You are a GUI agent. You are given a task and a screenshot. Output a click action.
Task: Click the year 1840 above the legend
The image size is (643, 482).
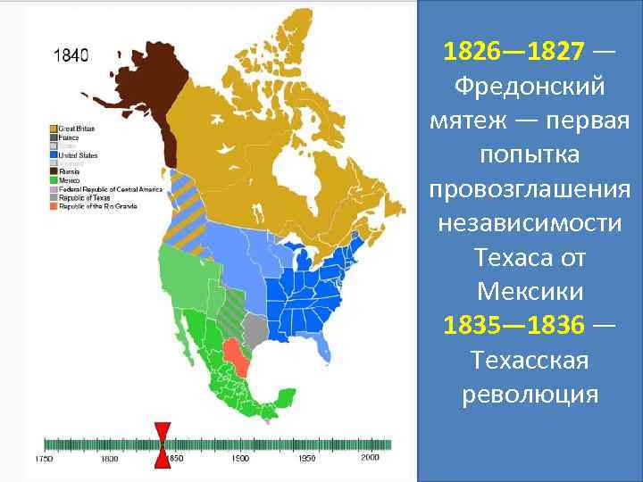click(x=71, y=54)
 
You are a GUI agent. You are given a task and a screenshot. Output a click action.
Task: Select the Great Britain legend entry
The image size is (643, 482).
click(x=76, y=129)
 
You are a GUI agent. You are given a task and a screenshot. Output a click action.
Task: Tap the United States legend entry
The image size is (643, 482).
click(x=77, y=155)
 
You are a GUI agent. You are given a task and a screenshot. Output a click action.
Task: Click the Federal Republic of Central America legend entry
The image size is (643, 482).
click(x=97, y=188)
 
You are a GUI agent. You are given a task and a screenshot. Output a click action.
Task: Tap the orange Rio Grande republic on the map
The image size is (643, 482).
click(x=238, y=355)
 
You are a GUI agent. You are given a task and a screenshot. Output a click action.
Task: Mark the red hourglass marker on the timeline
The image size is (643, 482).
click(x=163, y=444)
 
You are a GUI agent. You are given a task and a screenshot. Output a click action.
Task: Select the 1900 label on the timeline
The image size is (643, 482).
click(x=241, y=459)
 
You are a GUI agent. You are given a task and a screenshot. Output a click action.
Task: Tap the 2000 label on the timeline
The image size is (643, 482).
click(x=372, y=459)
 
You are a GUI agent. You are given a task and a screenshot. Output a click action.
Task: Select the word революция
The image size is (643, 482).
click(x=530, y=395)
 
